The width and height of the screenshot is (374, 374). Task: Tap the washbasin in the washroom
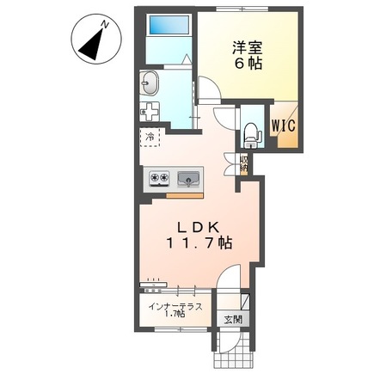[150, 84]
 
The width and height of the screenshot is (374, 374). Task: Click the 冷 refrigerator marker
[150, 137]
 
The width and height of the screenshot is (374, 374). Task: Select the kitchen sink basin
[188, 179]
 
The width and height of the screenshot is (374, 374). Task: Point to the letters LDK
[201, 227]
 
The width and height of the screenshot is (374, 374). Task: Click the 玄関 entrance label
[233, 320]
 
